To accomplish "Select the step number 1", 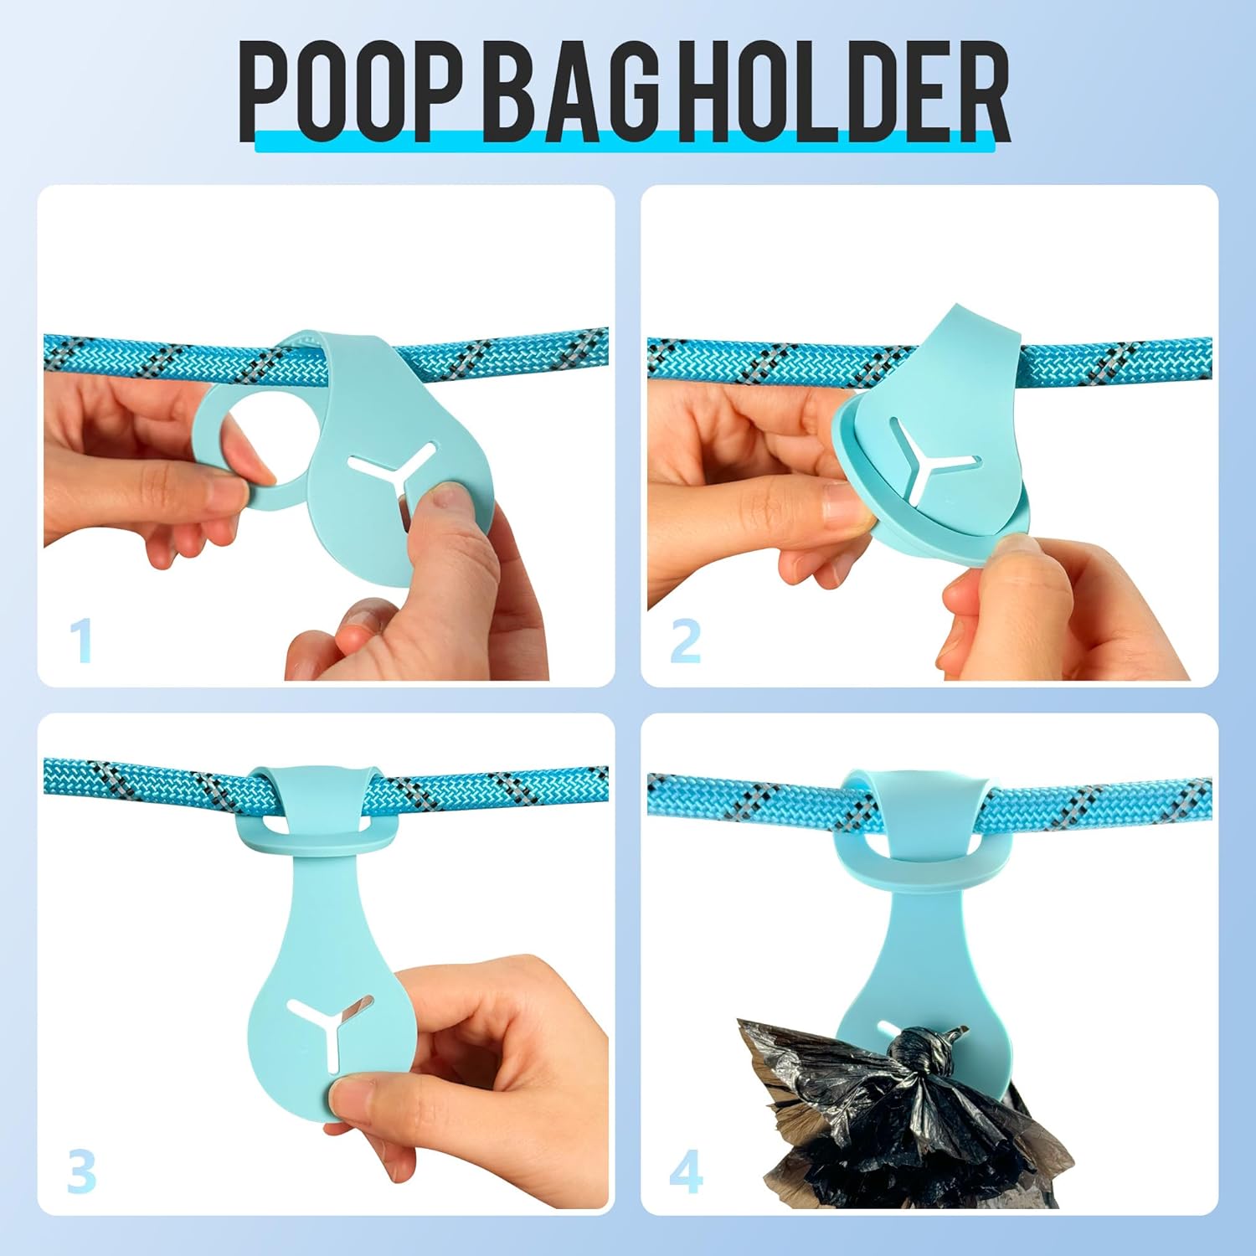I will point(80,641).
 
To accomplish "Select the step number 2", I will point(686,641).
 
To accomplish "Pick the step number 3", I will point(81,1171).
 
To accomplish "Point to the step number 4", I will point(686,1171).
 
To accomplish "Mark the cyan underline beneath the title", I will point(624,143).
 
